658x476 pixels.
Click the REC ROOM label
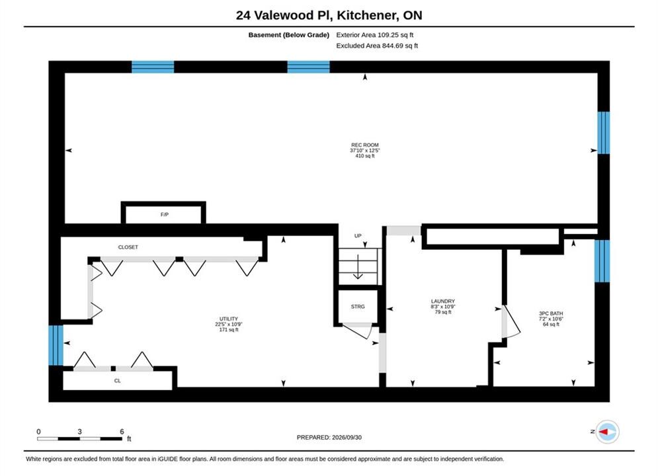364,145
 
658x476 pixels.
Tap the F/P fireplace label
165,215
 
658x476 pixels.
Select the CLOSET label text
128,247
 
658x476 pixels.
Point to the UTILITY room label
229,319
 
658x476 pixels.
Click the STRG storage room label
358,307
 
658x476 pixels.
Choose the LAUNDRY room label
442,301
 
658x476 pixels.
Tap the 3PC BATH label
551,313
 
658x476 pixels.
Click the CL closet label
118,381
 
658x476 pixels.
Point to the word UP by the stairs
358,236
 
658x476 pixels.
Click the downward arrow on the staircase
358,266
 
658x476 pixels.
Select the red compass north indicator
604,432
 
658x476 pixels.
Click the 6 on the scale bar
122,432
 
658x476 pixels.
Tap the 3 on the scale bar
79,432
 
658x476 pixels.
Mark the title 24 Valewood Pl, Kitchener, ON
329,15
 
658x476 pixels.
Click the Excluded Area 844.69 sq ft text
377,46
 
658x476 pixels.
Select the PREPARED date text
329,438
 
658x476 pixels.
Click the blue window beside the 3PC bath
602,261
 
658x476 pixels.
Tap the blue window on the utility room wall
56,346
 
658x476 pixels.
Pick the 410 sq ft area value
364,156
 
